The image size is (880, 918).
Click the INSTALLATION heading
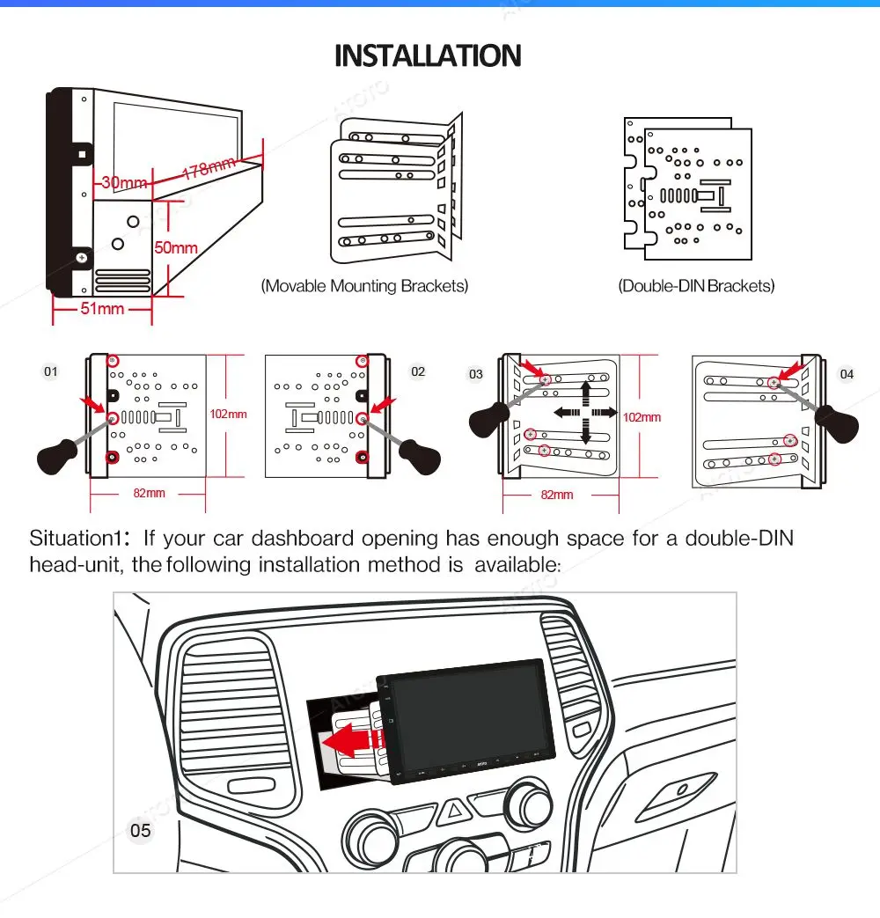coord(428,56)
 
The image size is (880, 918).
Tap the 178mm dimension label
coord(209,167)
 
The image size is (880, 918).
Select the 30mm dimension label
coord(124,183)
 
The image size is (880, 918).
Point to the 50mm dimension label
coord(176,247)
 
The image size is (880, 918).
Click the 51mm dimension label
coord(103,309)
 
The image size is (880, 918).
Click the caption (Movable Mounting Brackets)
coord(364,286)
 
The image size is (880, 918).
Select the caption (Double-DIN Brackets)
coord(696,286)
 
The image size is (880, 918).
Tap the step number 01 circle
coord(51,371)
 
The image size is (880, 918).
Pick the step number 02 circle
coord(418,371)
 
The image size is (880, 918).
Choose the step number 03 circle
coord(476,374)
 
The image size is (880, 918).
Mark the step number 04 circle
coord(847,374)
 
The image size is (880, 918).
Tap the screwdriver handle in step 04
coord(836,424)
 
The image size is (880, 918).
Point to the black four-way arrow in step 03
coord(584,412)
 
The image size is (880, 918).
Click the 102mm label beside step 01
coord(229,414)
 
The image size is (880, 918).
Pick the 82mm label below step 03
coord(557,495)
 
